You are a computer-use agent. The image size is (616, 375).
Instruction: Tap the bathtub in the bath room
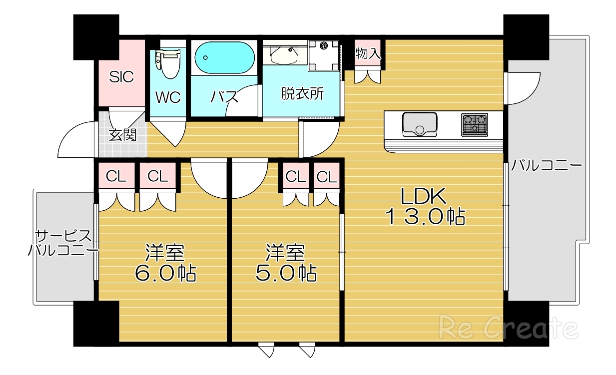coord(224,58)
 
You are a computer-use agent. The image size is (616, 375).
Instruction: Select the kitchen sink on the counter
coord(420,124)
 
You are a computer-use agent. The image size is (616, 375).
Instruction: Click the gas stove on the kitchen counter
coord(474,125)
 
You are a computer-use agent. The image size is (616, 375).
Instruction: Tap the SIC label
coord(121,77)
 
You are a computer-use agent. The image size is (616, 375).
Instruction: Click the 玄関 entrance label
coord(122,135)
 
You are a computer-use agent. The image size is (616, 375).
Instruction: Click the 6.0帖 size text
coord(164,273)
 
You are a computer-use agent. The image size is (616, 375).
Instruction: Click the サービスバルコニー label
coord(62,243)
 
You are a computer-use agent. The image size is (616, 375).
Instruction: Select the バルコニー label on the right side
coord(547,166)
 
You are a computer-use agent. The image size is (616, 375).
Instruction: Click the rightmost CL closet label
coord(327,176)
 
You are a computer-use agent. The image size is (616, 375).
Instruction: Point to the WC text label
coord(168,97)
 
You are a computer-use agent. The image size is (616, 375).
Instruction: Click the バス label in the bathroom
coord(224,97)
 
